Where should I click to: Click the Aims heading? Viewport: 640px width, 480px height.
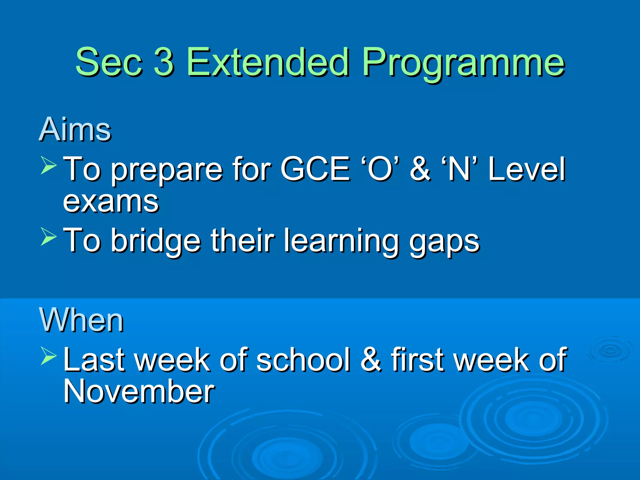tap(75, 129)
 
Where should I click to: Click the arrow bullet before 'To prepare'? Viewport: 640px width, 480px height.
tap(48, 165)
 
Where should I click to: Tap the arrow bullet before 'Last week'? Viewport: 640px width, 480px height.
tap(48, 356)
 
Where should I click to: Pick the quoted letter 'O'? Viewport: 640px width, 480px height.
tap(380, 169)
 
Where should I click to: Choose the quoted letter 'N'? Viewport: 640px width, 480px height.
tap(459, 169)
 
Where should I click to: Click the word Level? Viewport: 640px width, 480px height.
tap(527, 169)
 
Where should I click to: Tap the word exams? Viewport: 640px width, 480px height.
tap(111, 202)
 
